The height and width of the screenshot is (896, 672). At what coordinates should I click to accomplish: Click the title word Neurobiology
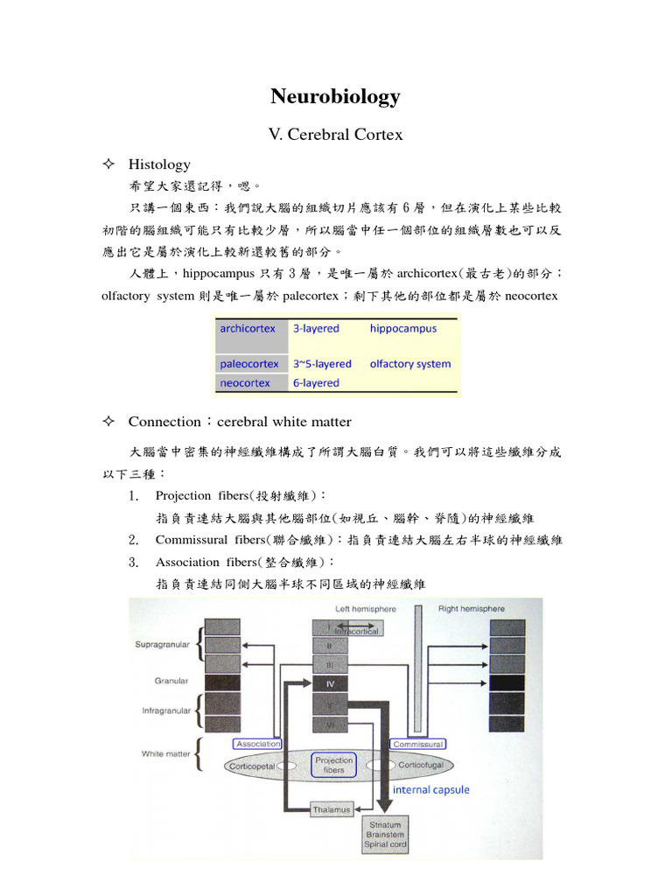pyautogui.click(x=335, y=96)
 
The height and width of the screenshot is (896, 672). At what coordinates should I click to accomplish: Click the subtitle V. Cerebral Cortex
pyautogui.click(x=335, y=135)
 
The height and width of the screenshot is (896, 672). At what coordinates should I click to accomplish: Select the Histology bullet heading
pyautogui.click(x=159, y=164)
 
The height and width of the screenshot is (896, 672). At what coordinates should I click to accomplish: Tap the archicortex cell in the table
pyautogui.click(x=248, y=329)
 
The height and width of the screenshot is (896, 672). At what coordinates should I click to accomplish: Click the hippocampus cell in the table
pyautogui.click(x=402, y=329)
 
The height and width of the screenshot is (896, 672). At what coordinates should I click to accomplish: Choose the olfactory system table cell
pyautogui.click(x=410, y=364)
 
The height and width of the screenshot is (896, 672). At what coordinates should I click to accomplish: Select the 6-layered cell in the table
pyautogui.click(x=316, y=383)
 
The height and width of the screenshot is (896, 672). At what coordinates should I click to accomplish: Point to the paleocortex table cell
pyautogui.click(x=249, y=364)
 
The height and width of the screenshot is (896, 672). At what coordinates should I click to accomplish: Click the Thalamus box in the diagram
pyautogui.click(x=332, y=809)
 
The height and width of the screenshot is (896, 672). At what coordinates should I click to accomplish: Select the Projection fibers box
pyautogui.click(x=334, y=765)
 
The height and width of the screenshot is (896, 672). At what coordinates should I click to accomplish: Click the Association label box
pyautogui.click(x=257, y=744)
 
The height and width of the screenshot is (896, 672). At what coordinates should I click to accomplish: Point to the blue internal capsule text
pyautogui.click(x=430, y=789)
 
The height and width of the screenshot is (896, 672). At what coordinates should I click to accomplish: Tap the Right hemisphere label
pyautogui.click(x=472, y=608)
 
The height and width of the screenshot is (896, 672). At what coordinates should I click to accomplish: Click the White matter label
pyautogui.click(x=165, y=753)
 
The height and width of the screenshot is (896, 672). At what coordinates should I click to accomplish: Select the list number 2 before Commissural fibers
pyautogui.click(x=134, y=540)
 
